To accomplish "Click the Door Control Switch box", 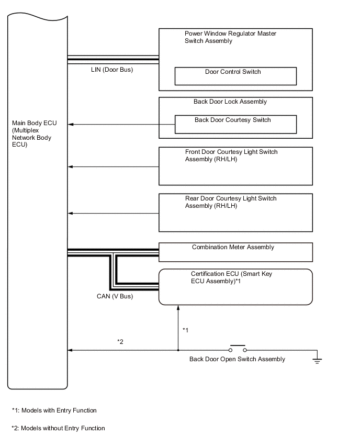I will [x=235, y=76].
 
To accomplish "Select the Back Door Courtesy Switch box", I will [x=235, y=125].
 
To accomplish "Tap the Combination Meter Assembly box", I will [x=235, y=252].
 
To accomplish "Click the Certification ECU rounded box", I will [x=235, y=286].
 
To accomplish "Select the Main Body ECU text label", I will [x=35, y=134].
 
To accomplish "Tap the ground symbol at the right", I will [x=317, y=360].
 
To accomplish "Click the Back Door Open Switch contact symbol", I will [x=238, y=349].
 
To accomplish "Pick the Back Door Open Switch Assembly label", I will [x=237, y=359].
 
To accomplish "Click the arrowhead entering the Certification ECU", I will [x=179, y=308].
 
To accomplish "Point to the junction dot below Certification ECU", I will [x=179, y=350].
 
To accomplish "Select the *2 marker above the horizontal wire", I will [x=120, y=342].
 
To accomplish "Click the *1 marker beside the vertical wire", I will [x=185, y=330].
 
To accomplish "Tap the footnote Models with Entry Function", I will [x=54, y=410].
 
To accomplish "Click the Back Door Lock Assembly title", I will [x=230, y=102].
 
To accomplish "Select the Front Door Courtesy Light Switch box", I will [x=235, y=166].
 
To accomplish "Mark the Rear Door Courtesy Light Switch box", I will [x=235, y=213].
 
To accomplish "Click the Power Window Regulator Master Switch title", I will [x=230, y=37].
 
